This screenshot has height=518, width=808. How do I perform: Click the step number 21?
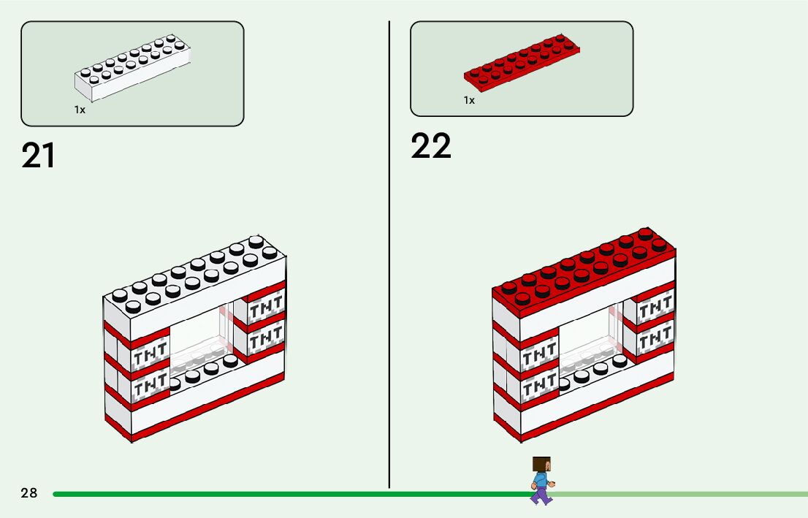tap(39, 156)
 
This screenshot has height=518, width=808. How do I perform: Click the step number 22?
tap(431, 146)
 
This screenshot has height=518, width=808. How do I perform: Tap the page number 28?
tap(29, 493)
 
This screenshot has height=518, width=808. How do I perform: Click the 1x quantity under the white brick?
tap(80, 110)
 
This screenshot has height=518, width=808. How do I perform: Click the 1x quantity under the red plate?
tap(469, 100)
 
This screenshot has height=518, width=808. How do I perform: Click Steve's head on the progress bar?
tap(541, 465)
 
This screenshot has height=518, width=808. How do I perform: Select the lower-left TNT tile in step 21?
tap(150, 384)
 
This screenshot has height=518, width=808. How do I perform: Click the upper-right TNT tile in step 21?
tap(266, 309)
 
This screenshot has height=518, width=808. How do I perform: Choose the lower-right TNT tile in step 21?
tap(266, 338)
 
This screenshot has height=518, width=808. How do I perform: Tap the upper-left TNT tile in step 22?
tap(540, 356)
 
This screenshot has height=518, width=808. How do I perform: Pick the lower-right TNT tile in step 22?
tap(655, 338)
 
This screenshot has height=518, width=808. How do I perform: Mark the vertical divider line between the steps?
tap(389, 256)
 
